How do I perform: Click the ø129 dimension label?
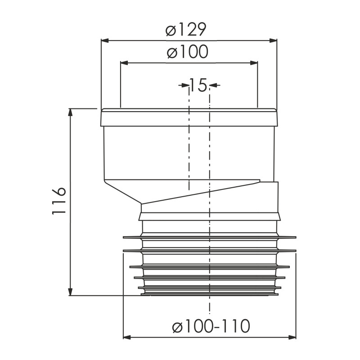(x=186, y=29)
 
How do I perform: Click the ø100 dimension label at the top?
(x=188, y=51)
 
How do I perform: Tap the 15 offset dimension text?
(x=198, y=85)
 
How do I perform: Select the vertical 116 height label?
(x=59, y=202)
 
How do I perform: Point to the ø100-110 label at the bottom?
(x=211, y=326)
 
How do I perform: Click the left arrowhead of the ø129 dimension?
(x=105, y=40)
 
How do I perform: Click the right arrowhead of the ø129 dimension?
(x=273, y=40)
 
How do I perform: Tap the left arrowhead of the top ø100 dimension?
(x=124, y=63)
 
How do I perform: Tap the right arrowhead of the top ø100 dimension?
(x=254, y=63)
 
